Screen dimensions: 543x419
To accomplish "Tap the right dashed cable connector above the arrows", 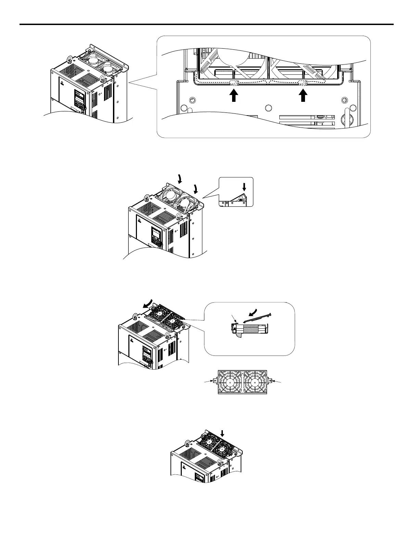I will point(302,83).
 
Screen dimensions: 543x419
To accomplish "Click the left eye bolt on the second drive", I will point(147,197).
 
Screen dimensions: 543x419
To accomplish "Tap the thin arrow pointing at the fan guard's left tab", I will point(207,381).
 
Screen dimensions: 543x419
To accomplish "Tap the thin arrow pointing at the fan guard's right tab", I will point(277,381).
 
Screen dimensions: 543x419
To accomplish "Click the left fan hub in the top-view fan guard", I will point(230,381).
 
